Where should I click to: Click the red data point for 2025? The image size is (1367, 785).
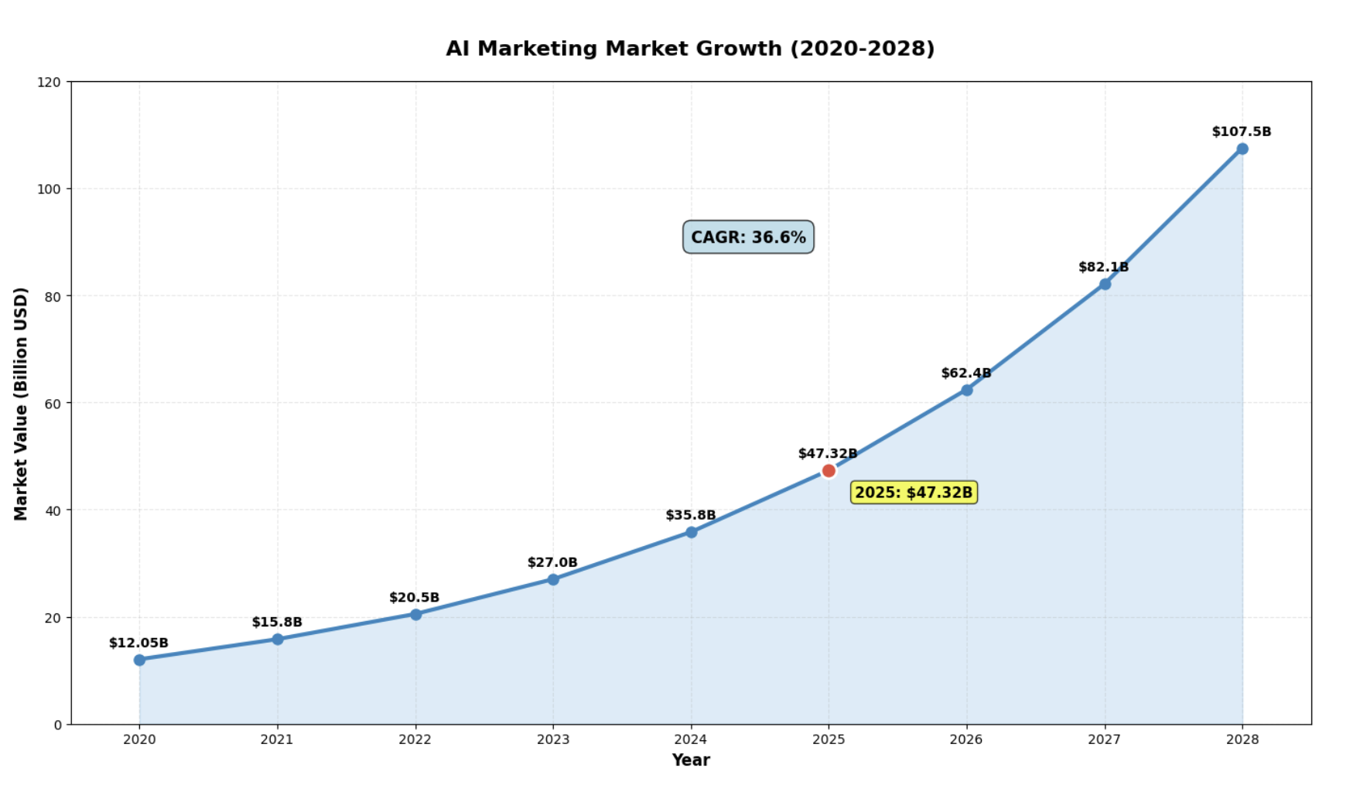tap(829, 470)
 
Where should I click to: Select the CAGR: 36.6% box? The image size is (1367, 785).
tap(748, 237)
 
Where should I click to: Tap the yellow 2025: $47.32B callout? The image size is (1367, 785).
tap(914, 493)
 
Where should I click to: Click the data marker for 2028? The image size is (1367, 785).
tap(1242, 148)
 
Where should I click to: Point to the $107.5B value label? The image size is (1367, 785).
tap(1241, 131)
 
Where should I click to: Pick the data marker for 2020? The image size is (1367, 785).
tap(139, 660)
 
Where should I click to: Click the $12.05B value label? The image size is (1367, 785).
tap(138, 643)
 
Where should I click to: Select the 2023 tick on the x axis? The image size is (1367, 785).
tap(553, 739)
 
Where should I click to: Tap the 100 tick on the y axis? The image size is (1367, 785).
tap(49, 189)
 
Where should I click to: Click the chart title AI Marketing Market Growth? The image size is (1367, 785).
tap(690, 49)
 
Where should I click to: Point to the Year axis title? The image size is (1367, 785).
tap(690, 760)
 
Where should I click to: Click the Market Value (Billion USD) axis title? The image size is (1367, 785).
tap(21, 403)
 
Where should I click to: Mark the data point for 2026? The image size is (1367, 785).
tap(966, 390)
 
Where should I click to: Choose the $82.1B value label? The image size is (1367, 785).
tap(1103, 267)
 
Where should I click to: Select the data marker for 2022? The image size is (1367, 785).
tap(415, 614)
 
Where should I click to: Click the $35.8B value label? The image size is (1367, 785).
tap(690, 515)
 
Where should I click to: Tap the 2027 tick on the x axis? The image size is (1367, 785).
tap(1104, 739)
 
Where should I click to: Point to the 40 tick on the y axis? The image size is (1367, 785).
tap(53, 510)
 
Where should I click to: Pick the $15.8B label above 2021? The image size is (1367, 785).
tap(277, 622)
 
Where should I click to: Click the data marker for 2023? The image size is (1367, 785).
tap(553, 579)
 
